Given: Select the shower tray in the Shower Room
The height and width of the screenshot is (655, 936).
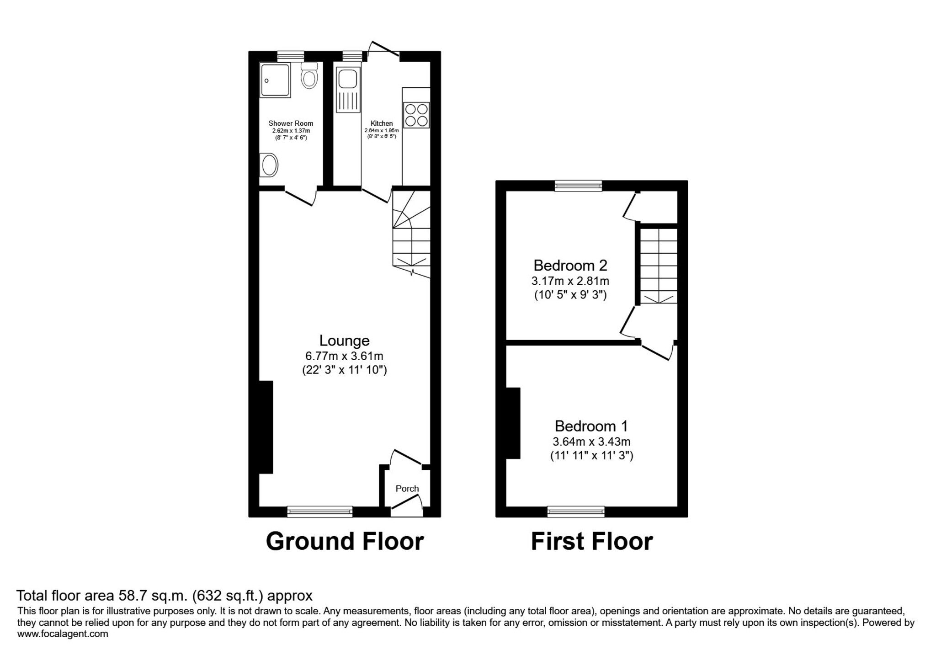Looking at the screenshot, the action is [x=275, y=80].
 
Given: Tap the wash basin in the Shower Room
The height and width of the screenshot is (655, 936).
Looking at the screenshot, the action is [x=269, y=165].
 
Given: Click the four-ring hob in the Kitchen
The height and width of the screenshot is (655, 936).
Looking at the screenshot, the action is [x=416, y=115].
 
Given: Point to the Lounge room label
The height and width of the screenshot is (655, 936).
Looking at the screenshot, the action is [x=344, y=341].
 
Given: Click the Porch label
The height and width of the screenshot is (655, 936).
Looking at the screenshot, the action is [x=407, y=489].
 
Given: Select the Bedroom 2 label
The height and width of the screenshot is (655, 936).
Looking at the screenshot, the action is [x=570, y=265].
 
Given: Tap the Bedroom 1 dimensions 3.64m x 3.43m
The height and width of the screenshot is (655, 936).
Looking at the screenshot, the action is [x=591, y=442].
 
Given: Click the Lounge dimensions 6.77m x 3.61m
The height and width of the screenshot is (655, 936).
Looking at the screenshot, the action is [x=344, y=356].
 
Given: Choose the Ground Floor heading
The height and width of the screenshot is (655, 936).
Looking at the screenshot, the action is [x=345, y=541].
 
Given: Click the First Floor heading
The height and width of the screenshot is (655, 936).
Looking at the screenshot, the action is [x=592, y=541].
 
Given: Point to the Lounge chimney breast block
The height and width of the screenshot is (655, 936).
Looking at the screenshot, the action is [x=266, y=427].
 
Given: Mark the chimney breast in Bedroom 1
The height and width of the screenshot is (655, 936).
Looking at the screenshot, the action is [x=513, y=423].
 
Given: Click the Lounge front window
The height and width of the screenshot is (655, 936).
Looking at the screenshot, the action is [x=320, y=511].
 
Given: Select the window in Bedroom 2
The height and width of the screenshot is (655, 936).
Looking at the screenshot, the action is [x=578, y=186].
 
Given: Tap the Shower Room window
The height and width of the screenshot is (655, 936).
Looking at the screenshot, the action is [x=291, y=56].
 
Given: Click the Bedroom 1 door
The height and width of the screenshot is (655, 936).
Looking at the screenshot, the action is [x=657, y=351].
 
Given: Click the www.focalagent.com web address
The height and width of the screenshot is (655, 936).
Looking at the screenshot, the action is [x=63, y=634].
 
